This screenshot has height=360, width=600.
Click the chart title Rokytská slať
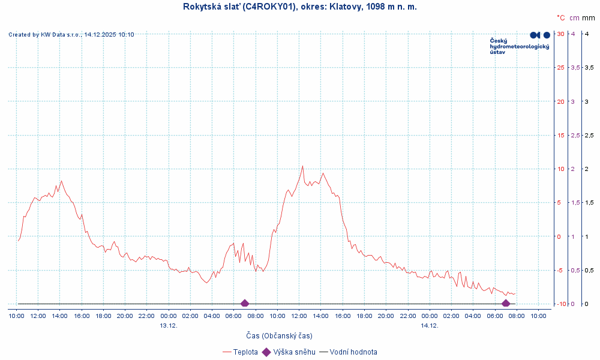(x=299, y=7)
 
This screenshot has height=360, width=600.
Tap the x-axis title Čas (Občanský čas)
(x=279, y=335)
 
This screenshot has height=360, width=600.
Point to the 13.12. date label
(x=169, y=325)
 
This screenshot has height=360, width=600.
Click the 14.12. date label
(x=430, y=325)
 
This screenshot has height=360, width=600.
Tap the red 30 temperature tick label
(x=560, y=34)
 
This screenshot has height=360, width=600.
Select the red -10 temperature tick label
(x=560, y=304)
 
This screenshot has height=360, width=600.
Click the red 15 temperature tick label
(x=560, y=136)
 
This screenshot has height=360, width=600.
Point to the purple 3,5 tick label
(x=574, y=67)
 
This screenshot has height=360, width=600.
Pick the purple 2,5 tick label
(x=574, y=136)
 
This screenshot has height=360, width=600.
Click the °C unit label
(x=560, y=18)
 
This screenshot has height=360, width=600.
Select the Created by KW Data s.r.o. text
(x=71, y=35)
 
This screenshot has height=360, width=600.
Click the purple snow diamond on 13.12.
(x=244, y=304)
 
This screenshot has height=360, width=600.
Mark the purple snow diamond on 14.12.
(x=506, y=304)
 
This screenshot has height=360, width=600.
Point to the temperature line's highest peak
(x=302, y=166)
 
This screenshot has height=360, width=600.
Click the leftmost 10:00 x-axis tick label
(x=16, y=316)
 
